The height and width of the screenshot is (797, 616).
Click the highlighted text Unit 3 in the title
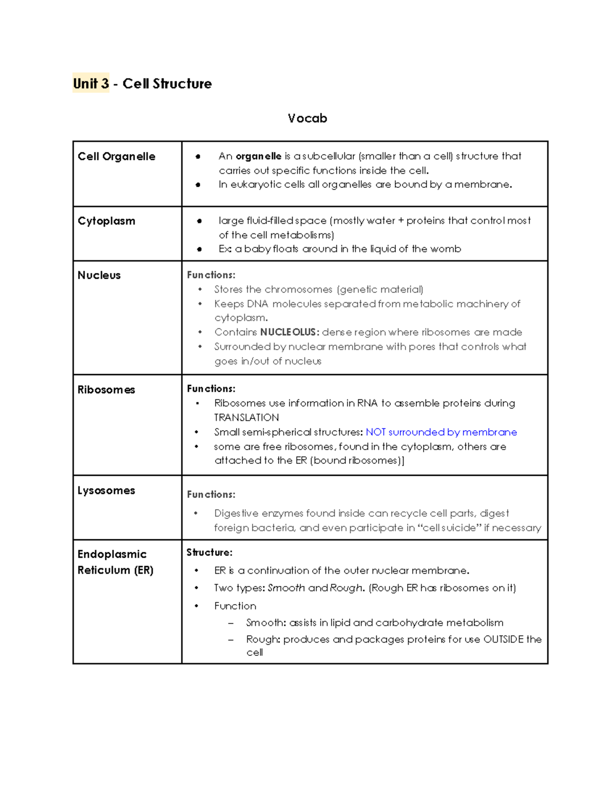tap(91, 84)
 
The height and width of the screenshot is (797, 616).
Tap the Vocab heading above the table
tap(307, 119)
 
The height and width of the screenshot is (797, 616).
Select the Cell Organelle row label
tap(117, 157)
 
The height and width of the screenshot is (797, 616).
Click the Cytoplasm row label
tap(107, 221)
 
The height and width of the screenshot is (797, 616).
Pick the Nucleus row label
tap(99, 276)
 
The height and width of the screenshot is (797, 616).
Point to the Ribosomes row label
tap(106, 390)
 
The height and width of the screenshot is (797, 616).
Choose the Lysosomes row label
tap(106, 491)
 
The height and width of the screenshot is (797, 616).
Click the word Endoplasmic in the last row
tap(112, 554)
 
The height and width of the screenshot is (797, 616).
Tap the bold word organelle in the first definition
tap(258, 156)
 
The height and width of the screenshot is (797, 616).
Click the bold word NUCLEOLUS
tap(290, 332)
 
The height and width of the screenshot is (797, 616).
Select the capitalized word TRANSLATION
tap(246, 417)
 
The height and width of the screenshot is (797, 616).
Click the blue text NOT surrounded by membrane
tap(441, 432)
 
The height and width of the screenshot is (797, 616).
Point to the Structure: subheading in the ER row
tap(209, 553)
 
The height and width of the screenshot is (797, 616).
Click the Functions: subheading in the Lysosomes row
tap(211, 495)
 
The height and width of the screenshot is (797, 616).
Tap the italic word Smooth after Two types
tap(286, 588)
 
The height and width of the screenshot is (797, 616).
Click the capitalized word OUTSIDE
tap(503, 639)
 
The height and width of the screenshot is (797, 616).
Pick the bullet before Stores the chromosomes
tap(200, 290)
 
